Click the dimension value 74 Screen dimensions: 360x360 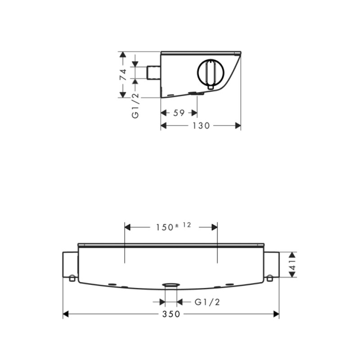pyautogui.click(x=122, y=74)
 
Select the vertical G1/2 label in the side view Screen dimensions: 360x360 pyautogui.click(x=135, y=106)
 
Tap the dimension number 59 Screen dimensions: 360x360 pyautogui.click(x=179, y=113)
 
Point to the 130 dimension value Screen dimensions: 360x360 pyautogui.click(x=201, y=126)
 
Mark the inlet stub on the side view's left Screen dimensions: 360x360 pyautogui.click(x=154, y=72)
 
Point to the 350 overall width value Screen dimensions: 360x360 pyautogui.click(x=171, y=314)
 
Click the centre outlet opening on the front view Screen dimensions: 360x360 pyautogui.click(x=171, y=285)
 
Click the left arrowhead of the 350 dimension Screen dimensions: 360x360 pyautogui.click(x=66, y=314)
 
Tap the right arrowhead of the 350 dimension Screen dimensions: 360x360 pyautogui.click(x=276, y=314)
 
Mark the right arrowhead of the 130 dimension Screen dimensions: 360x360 pyautogui.click(x=238, y=126)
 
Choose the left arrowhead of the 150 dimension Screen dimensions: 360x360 pyautogui.click(x=127, y=227)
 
